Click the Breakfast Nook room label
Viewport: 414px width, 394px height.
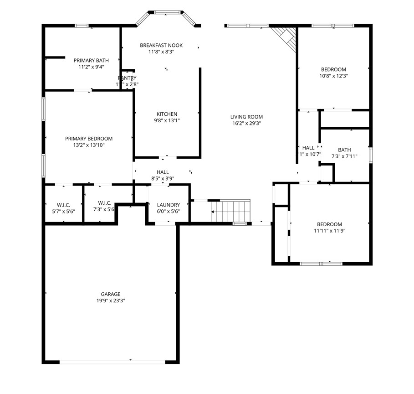coord(161,45)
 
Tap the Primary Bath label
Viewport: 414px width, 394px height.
coord(91,60)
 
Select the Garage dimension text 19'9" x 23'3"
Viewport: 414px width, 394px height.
coord(111,301)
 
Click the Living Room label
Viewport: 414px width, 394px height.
coord(246,117)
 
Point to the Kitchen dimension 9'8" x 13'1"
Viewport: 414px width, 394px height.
coord(167,121)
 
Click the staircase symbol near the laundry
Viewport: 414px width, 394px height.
coord(231,211)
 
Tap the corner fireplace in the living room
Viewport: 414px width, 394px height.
coord(285,36)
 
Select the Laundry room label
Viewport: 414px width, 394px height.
coord(168,205)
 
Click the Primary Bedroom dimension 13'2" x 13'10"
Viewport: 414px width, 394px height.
coord(88,145)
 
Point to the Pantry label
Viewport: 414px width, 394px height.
coord(127,78)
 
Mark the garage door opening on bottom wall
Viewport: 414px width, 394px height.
coord(112,362)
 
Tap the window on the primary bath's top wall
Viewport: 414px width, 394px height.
coord(82,26)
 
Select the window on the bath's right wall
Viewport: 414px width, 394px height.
coord(371,155)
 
